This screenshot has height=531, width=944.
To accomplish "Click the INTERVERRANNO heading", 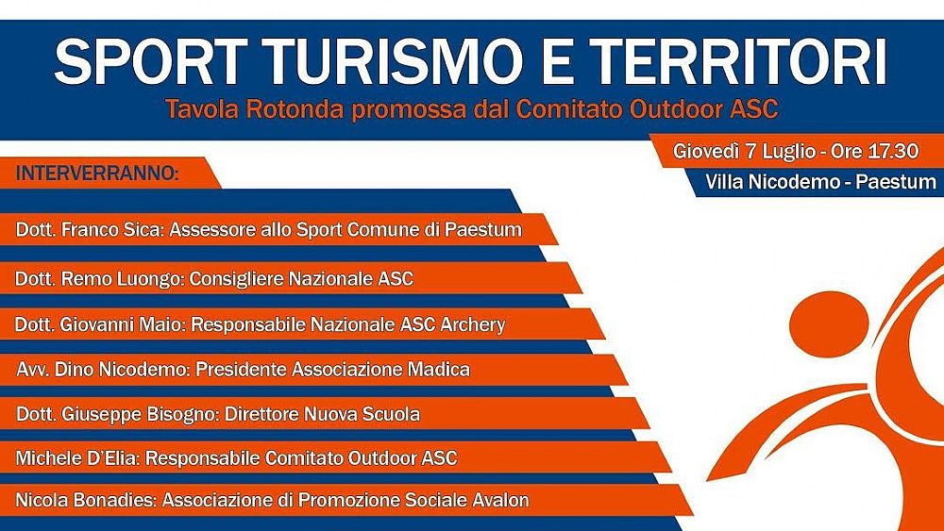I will pos(97,174).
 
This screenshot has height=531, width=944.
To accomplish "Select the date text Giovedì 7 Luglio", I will pos(747,151).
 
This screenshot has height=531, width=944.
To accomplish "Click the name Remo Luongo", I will pos(119,278).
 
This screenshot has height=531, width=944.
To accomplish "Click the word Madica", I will pos(438,370).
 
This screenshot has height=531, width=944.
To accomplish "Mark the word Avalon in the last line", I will pos(499,500).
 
